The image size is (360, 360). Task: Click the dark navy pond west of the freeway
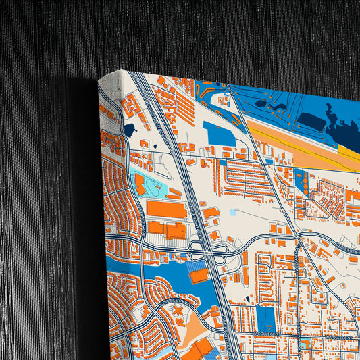(x=129, y=130)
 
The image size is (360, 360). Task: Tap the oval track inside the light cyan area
(x=154, y=186)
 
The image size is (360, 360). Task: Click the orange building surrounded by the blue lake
(x=199, y=276)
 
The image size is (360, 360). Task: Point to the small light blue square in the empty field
(x=233, y=212)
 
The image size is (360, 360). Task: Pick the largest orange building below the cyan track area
(x=167, y=210)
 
